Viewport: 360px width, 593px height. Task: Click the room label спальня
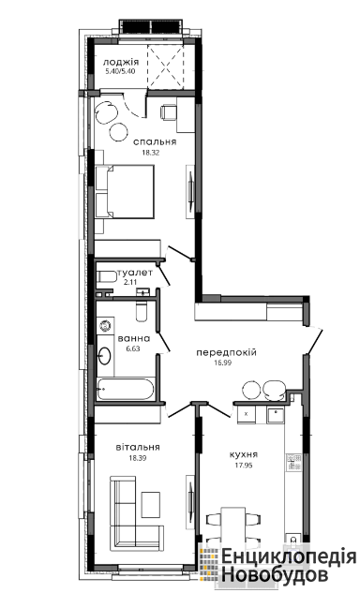(x=155, y=142)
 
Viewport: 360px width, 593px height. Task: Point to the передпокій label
(x=226, y=352)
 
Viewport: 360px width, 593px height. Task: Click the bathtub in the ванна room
(x=126, y=389)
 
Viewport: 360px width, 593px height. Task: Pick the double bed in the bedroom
(x=125, y=191)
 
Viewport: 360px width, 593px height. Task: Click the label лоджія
(x=121, y=62)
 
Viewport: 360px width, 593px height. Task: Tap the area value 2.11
(x=129, y=281)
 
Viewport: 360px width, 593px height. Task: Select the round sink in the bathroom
(x=104, y=355)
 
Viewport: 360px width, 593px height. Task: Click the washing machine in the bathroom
(x=105, y=325)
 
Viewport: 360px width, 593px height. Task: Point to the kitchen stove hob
(x=293, y=462)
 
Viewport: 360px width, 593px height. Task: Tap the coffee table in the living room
(x=151, y=505)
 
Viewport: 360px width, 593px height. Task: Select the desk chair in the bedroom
(x=167, y=111)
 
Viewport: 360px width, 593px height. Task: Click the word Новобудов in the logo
(x=275, y=574)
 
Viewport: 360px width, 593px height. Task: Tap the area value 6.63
(x=133, y=348)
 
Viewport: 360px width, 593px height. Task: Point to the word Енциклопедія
(x=289, y=556)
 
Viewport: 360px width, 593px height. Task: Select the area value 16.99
(x=223, y=363)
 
